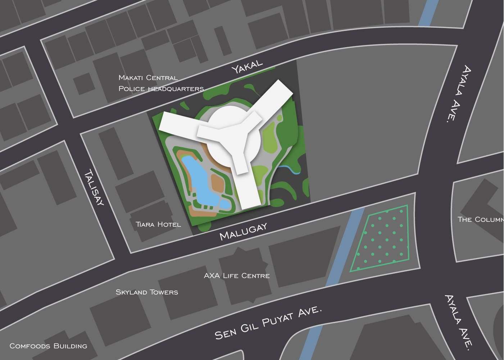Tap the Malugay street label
click(244, 231)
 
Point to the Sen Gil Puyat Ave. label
click(267, 323)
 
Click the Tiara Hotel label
click(158, 224)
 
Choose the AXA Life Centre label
click(236, 276)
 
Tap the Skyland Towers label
click(147, 292)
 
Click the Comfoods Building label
click(48, 346)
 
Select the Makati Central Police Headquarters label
click(161, 83)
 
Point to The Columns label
click(480, 219)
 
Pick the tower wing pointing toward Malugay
click(248, 187)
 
